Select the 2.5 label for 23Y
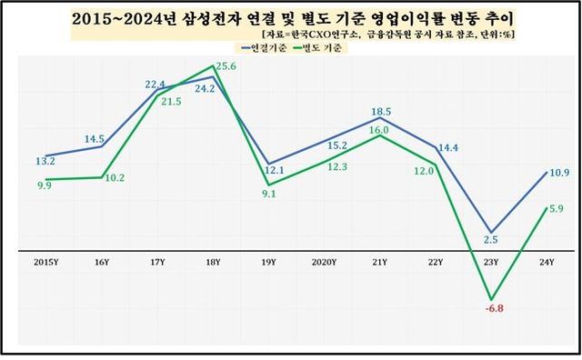(491, 239)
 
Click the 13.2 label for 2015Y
(45, 161)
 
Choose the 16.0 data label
(377, 131)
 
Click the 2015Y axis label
(46, 262)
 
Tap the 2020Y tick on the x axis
(325, 262)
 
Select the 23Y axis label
(492, 262)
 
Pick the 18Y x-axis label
(213, 262)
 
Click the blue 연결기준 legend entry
(265, 47)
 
